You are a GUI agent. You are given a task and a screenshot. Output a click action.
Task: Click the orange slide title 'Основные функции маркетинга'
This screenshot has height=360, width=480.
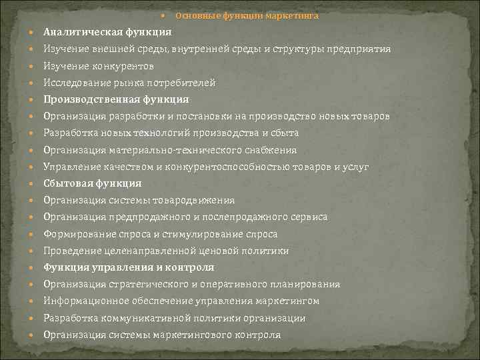pos(247,15)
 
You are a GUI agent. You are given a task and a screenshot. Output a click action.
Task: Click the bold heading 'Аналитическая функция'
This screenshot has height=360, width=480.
pos(107,32)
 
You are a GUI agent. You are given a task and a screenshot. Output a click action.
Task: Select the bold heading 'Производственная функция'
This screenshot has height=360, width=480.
pos(115,100)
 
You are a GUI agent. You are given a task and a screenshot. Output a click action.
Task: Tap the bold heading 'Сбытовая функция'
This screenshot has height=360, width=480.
pos(93,183)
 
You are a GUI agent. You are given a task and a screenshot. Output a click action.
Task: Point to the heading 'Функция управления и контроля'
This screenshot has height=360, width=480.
pos(129,267)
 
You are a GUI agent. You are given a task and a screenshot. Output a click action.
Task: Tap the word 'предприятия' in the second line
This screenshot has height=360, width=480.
pos(363,49)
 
